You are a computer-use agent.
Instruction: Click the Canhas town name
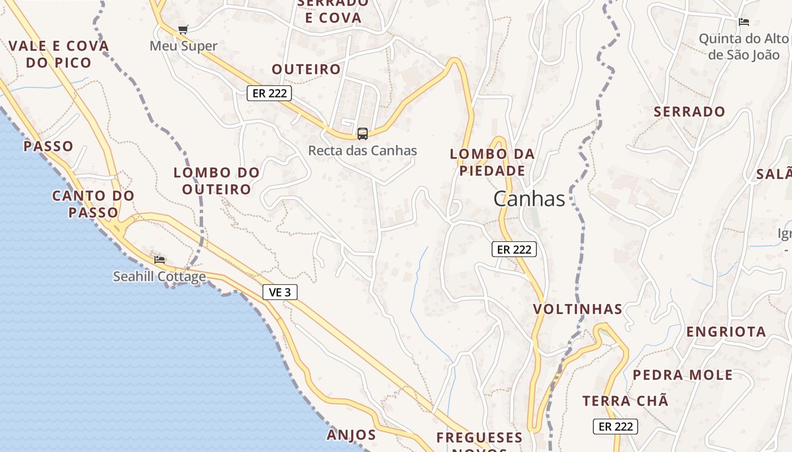pos(529,199)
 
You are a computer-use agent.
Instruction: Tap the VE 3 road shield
pos(280,292)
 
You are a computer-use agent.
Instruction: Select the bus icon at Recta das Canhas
pos(363,134)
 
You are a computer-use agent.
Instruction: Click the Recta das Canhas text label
pos(362,151)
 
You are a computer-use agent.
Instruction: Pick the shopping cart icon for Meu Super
pos(183,29)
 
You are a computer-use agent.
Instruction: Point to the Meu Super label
pos(183,46)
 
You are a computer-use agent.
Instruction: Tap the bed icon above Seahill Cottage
pos(160,259)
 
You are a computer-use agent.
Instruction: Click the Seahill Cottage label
pos(160,277)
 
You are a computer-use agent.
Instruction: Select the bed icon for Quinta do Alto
pos(744,22)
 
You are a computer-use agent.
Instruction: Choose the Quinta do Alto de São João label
pos(743,46)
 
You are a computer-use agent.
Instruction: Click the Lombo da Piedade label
pos(492,162)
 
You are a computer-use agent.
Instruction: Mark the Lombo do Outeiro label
pos(217,181)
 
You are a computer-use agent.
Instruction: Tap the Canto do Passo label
pos(93,204)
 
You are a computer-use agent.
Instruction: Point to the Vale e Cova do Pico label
pos(59,54)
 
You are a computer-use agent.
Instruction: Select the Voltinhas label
pos(578,310)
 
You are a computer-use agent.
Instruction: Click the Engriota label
pos(726,332)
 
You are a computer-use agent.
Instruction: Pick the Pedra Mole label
pos(682,375)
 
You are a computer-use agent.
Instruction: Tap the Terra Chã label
pos(625,401)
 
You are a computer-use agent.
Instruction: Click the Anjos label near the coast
pos(351,434)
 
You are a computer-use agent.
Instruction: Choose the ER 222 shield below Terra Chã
pos(615,427)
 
